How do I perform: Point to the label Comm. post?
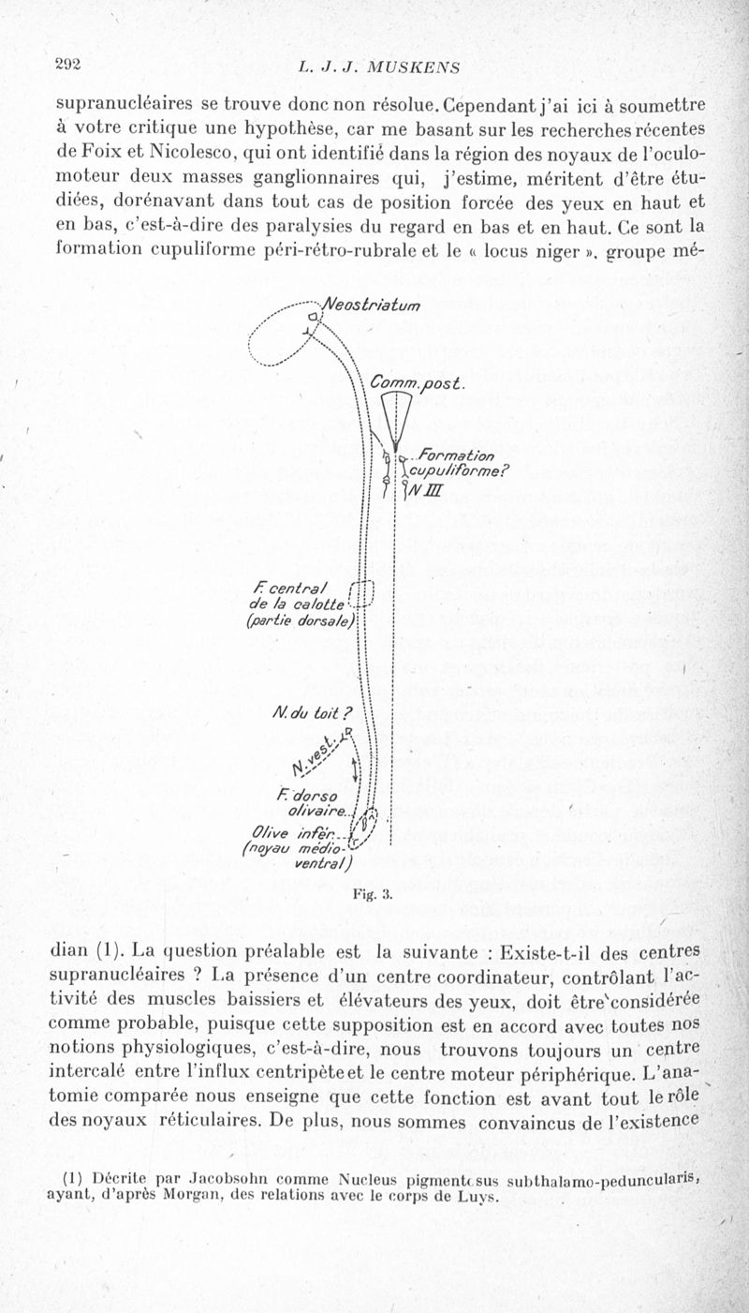[x=412, y=382]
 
